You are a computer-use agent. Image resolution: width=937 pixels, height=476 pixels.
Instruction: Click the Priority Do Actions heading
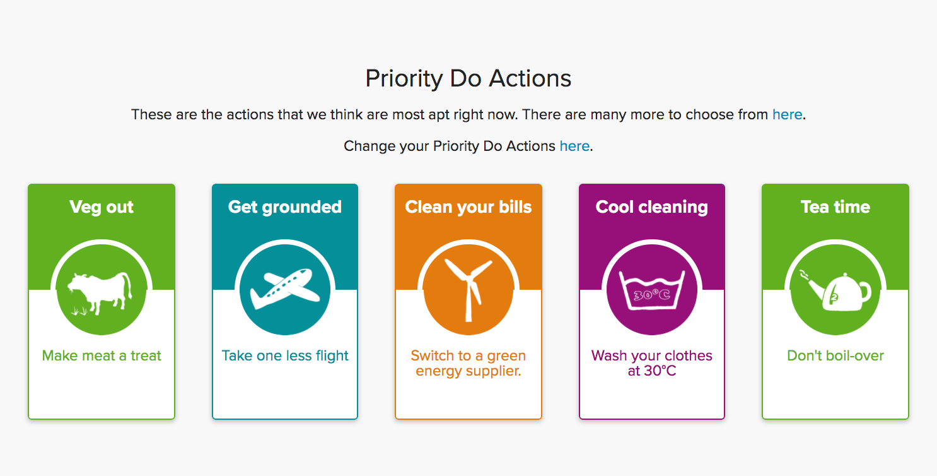468,78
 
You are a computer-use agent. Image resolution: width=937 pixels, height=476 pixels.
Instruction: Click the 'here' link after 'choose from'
787,114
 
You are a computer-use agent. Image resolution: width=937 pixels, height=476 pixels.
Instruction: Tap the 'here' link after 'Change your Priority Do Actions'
574,146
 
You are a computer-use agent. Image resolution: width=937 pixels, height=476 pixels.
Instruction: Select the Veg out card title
102,207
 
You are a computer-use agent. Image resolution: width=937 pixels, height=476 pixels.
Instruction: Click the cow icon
100,293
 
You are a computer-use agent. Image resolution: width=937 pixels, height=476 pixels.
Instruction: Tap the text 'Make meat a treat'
102,355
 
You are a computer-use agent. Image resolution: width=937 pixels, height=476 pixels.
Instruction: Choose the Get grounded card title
285,207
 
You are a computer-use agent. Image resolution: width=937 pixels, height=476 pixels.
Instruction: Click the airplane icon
285,289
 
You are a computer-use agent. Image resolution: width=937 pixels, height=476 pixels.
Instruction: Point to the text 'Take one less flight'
285,355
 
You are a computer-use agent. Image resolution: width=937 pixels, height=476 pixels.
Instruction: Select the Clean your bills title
468,207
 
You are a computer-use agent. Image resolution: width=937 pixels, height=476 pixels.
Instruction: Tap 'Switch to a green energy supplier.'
468,363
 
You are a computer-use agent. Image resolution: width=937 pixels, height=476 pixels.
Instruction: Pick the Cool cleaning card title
652,207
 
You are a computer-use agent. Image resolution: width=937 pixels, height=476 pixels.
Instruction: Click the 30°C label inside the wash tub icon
652,295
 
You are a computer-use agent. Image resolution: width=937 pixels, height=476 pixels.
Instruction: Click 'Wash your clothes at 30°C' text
652,363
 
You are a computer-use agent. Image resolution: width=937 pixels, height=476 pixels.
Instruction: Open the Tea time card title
835,207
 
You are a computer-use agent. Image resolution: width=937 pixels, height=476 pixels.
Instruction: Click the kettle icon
841,293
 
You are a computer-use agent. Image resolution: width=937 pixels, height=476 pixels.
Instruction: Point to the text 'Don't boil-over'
835,355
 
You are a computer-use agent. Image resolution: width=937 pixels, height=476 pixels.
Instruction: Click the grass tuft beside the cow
79,311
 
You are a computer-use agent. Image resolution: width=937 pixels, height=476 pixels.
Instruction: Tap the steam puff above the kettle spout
803,274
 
